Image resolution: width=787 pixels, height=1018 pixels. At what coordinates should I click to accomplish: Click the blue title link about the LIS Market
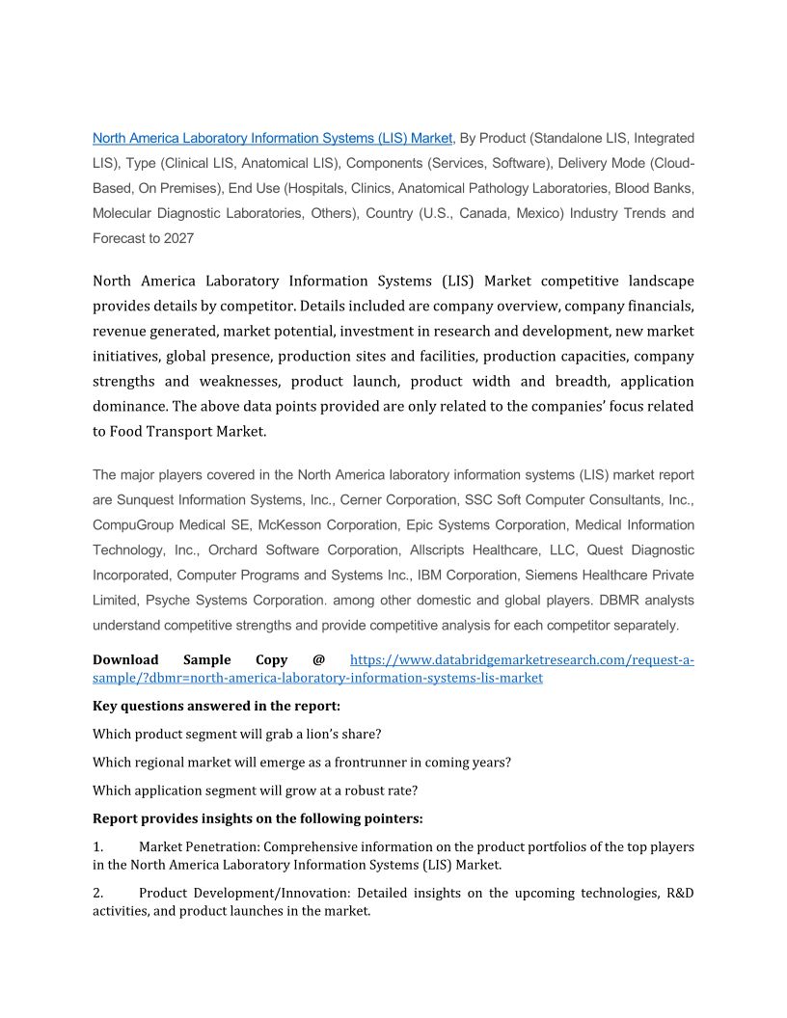point(272,138)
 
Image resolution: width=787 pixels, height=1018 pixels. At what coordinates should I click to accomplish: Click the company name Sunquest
point(146,500)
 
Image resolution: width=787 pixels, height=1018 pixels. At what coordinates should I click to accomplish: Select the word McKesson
point(292,525)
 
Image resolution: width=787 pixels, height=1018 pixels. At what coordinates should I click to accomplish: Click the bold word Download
point(125,660)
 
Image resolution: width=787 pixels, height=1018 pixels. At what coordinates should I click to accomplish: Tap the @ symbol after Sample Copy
point(318,660)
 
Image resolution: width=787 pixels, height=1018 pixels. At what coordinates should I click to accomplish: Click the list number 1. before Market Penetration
point(98,846)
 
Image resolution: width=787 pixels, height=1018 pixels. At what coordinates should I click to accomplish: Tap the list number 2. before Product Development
point(98,894)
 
